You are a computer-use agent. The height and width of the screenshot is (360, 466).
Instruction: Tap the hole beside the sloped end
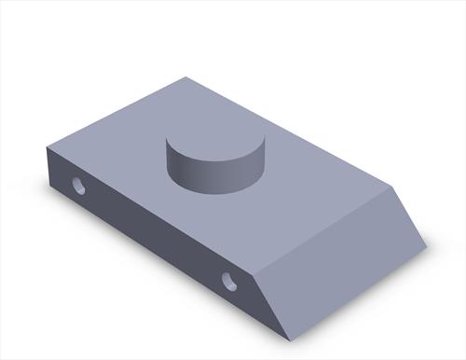229,279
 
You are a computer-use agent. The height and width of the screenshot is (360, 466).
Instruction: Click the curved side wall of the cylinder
212,177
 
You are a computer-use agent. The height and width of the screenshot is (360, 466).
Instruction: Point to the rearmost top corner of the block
185,77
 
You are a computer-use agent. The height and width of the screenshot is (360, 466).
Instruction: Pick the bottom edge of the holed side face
168,260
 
